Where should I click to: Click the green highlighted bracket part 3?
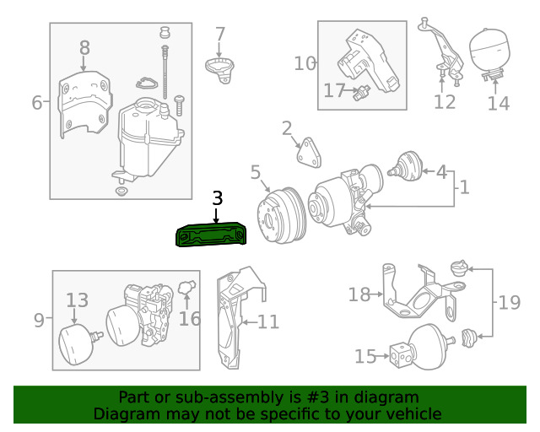click(x=211, y=235)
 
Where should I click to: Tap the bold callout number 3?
click(x=218, y=198)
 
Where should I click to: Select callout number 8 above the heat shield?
click(x=84, y=48)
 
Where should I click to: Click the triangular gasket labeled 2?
click(x=310, y=153)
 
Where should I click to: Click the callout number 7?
click(x=220, y=35)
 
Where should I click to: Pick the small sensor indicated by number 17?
click(x=362, y=92)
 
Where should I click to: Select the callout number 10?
click(x=305, y=64)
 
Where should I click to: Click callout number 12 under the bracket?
click(x=445, y=102)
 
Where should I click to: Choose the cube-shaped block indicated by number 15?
click(x=401, y=355)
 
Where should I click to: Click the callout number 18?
click(x=359, y=294)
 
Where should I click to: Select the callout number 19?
click(x=509, y=303)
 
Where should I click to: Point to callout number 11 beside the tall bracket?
click(x=268, y=322)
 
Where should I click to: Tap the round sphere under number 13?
click(x=77, y=344)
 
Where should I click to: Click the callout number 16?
click(x=190, y=319)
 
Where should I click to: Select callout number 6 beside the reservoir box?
click(x=37, y=102)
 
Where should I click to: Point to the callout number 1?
click(x=465, y=187)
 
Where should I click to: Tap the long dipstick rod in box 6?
click(x=165, y=73)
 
